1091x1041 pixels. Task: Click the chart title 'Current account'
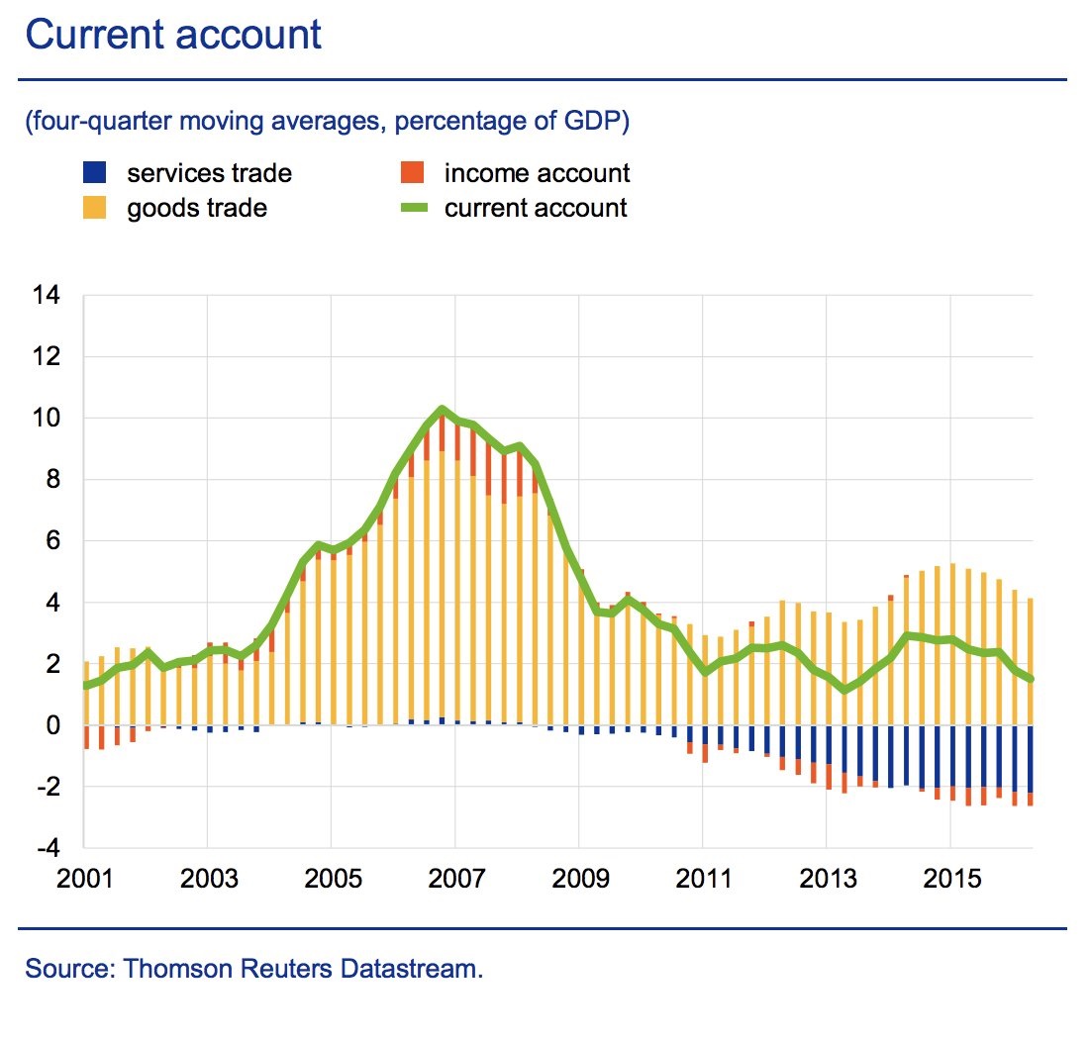pyautogui.click(x=173, y=36)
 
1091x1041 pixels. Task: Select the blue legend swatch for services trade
pyautogui.click(x=94, y=173)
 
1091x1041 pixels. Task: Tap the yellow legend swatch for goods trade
pyautogui.click(x=94, y=208)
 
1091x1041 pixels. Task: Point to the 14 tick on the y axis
pyautogui.click(x=46, y=295)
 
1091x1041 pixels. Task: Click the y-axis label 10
pyautogui.click(x=46, y=419)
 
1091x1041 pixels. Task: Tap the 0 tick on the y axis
pyautogui.click(x=53, y=725)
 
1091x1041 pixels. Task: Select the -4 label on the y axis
pyautogui.click(x=46, y=849)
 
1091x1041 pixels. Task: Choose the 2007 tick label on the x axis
pyautogui.click(x=454, y=878)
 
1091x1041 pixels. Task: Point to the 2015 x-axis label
pyautogui.click(x=950, y=878)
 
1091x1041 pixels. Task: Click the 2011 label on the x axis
pyautogui.click(x=702, y=878)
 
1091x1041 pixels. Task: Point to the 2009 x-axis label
pyautogui.click(x=578, y=878)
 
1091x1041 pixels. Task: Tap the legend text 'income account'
pyautogui.click(x=537, y=173)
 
